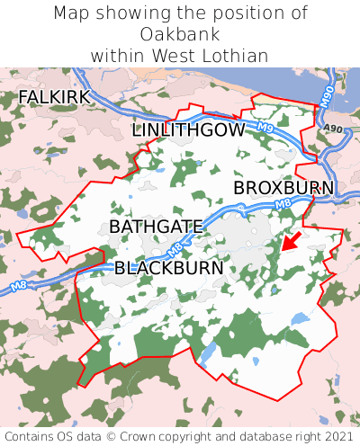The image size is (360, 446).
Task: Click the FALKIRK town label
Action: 54,96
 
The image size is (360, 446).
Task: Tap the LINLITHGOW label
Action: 188,130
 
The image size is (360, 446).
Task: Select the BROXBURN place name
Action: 283,188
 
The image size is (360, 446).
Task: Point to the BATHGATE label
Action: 157,227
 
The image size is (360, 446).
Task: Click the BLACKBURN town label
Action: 168,268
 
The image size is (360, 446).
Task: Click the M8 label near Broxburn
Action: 283,205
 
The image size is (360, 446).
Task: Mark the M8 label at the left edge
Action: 17,288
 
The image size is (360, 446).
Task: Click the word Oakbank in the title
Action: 180,34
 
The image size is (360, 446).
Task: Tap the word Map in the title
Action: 71,13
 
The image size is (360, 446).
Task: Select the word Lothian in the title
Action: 235,56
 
